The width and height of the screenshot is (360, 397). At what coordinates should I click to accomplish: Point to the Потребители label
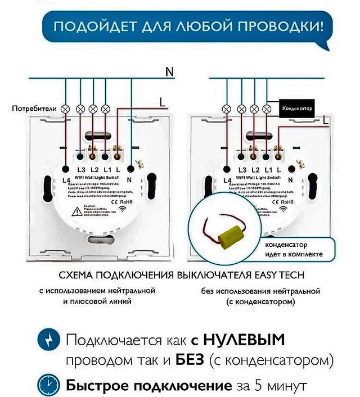tap(35, 107)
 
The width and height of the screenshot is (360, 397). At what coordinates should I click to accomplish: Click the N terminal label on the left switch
tap(130, 179)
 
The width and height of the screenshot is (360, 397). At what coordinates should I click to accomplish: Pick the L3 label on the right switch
tap(244, 169)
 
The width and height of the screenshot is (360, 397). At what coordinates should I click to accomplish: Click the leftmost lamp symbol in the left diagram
tap(65, 108)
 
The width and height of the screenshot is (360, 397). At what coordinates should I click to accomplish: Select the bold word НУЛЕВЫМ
tap(244, 340)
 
